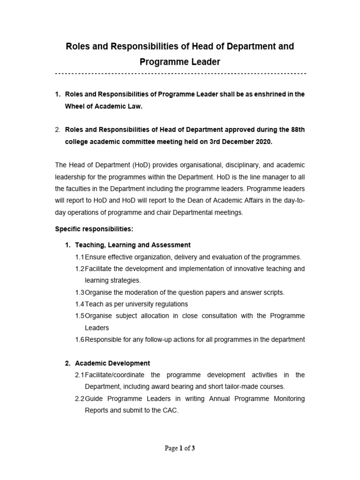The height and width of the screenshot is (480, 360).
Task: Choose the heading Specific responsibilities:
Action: tap(94, 229)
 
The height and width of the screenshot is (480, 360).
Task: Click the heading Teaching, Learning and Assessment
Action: tap(133, 245)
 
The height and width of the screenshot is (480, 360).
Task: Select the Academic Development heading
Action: tap(112, 363)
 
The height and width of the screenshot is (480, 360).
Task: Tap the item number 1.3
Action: tap(79, 292)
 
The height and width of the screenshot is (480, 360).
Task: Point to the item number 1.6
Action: tap(79, 339)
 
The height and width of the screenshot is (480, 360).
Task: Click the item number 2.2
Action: tap(79, 398)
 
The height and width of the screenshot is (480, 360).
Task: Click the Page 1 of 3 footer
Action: tap(180, 448)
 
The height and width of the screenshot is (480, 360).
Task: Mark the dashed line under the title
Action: tap(180, 74)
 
